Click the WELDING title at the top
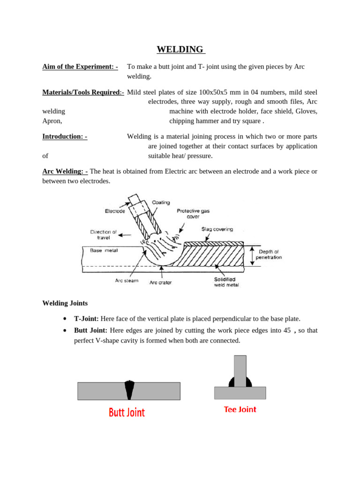point(180,50)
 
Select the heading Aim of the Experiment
point(80,67)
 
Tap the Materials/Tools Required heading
point(83,92)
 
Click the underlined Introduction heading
point(65,136)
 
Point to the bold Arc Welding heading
point(65,172)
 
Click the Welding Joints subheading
point(65,303)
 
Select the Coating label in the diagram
point(161,202)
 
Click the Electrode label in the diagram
point(115,211)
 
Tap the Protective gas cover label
point(193,214)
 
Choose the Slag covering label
point(217,229)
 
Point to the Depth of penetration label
point(269,255)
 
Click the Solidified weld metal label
point(226,282)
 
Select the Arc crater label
point(160,283)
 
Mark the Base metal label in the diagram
point(104,250)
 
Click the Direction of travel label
point(104,234)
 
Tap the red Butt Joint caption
point(127,412)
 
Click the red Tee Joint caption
point(240,409)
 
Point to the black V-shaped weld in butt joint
point(129,390)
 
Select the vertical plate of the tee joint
point(240,370)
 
